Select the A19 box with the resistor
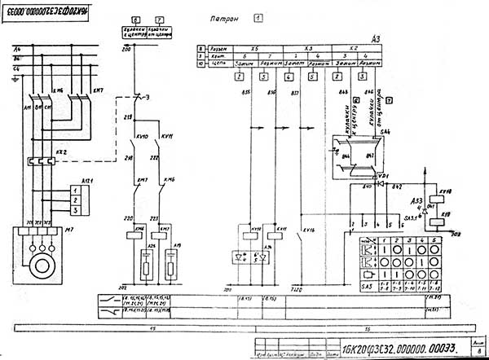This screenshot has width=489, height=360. (x=171, y=261)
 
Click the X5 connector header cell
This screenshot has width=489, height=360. (x=255, y=48)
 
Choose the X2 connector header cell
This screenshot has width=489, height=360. (x=352, y=48)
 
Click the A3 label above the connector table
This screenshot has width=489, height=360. (x=375, y=38)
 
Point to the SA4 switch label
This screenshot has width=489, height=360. (x=385, y=130)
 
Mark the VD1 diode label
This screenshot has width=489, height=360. (x=385, y=175)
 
